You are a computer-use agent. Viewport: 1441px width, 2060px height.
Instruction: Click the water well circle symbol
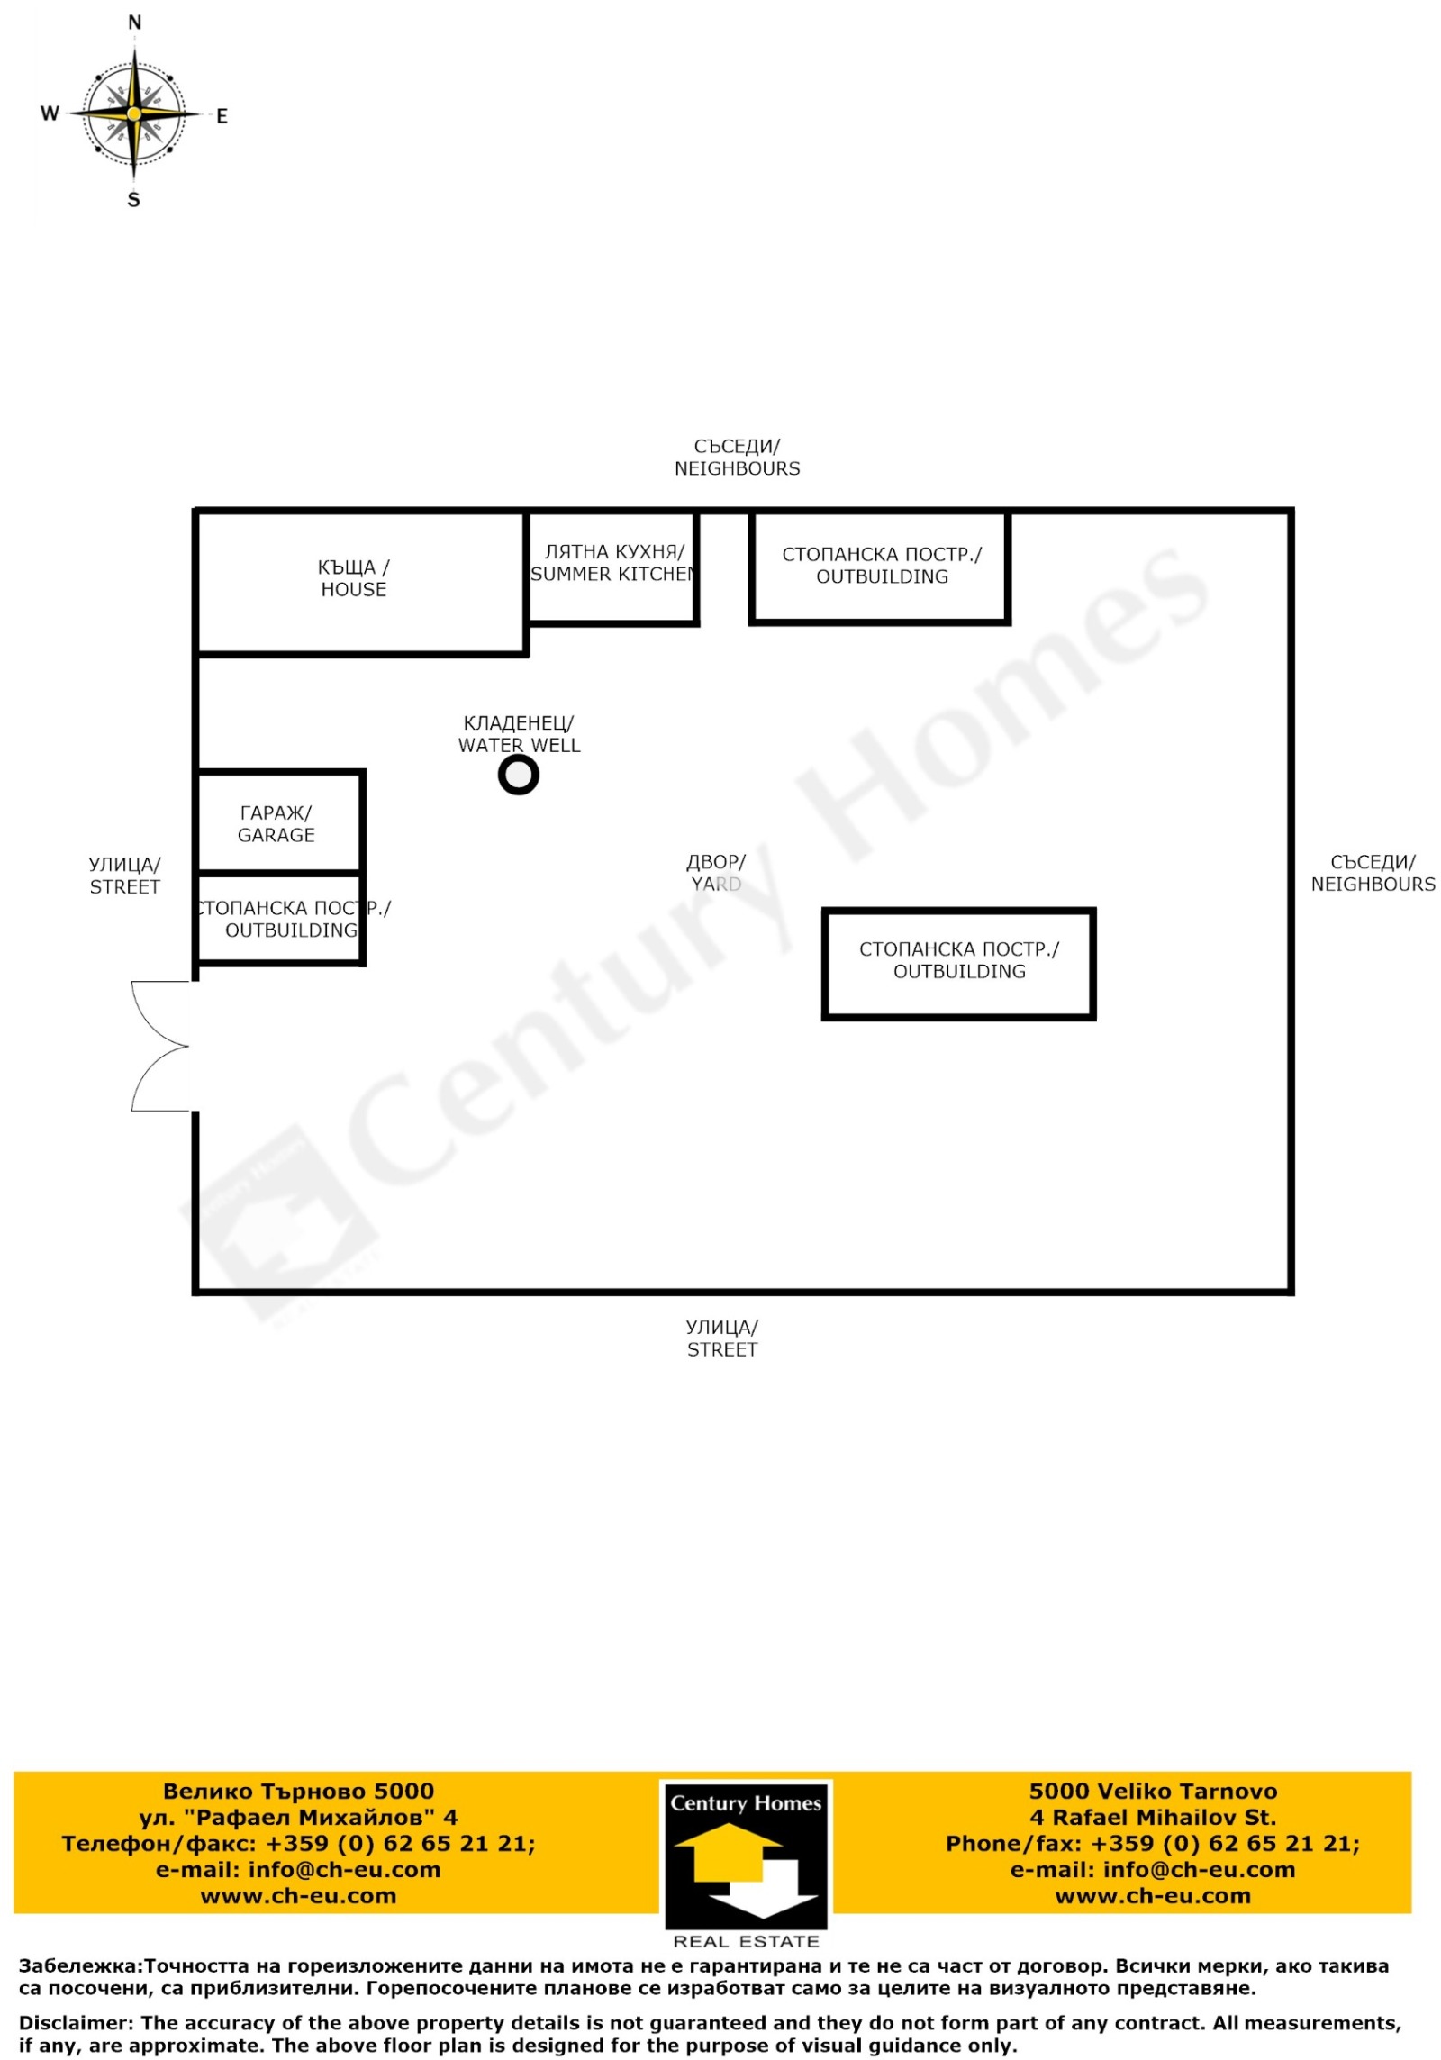click(518, 774)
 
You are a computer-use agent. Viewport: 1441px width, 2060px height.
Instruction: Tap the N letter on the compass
click(134, 23)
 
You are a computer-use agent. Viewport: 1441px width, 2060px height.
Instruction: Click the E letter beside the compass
click(222, 116)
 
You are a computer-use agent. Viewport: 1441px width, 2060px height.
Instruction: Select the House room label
click(353, 578)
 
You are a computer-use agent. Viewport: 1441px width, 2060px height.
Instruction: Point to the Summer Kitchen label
click(612, 563)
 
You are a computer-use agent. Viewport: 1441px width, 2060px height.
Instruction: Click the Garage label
click(276, 824)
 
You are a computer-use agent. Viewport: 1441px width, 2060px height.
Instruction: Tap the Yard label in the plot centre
click(716, 873)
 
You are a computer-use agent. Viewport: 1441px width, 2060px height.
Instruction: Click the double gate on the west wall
click(160, 1046)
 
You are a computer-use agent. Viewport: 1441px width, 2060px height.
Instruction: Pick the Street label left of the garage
click(125, 876)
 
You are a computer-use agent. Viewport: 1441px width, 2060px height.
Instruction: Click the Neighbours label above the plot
click(737, 458)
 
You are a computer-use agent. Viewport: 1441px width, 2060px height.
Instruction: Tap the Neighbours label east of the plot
click(1373, 873)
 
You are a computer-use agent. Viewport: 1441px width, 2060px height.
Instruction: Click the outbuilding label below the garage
click(291, 919)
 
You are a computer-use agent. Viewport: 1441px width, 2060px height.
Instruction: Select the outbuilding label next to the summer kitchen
click(882, 566)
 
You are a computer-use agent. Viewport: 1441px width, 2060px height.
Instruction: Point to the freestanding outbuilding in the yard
click(958, 964)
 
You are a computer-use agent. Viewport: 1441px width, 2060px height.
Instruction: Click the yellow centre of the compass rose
click(134, 113)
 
